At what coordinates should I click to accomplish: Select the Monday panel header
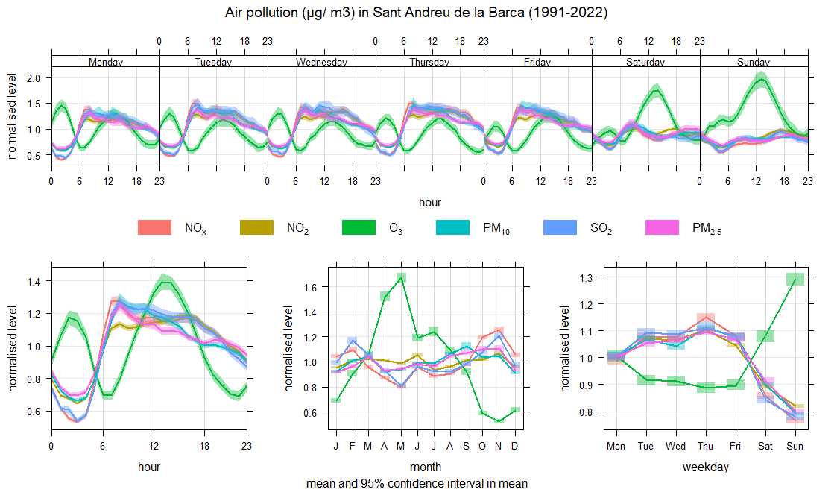(x=105, y=62)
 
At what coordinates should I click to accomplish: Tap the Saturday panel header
(x=645, y=62)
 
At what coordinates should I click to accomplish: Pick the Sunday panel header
(x=754, y=62)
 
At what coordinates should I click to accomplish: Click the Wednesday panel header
(x=321, y=62)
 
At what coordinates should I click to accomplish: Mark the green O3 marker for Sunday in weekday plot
(x=795, y=279)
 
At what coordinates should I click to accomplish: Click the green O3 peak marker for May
(x=401, y=278)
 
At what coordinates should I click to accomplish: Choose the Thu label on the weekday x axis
(x=706, y=447)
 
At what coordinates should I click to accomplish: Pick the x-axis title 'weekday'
(x=706, y=467)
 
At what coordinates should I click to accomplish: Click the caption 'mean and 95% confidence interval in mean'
(x=416, y=483)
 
